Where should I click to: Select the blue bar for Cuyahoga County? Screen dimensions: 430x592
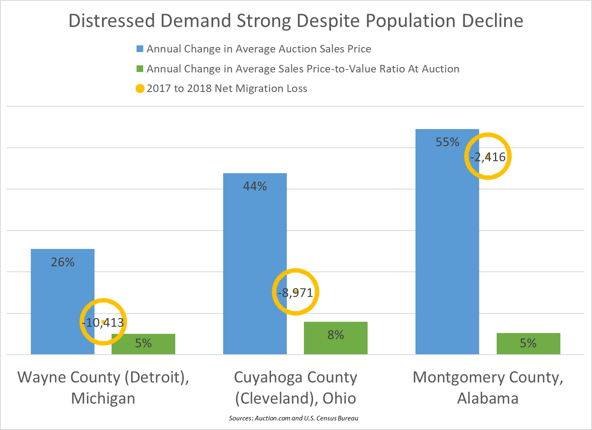point(255,250)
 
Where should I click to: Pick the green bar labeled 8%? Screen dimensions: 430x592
point(336,338)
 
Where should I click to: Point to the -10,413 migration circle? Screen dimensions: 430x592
point(103,322)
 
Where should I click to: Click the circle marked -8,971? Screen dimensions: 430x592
point(296,292)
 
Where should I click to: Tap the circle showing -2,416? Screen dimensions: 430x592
point(488,157)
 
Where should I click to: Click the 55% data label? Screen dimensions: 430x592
point(448,142)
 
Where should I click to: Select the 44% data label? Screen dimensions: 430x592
point(255,186)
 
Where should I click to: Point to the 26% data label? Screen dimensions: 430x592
point(62,262)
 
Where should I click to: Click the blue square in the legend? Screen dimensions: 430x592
point(140,49)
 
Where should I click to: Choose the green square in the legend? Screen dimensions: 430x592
point(140,69)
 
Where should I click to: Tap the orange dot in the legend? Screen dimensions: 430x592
point(140,89)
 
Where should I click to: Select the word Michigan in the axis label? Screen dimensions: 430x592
point(103,398)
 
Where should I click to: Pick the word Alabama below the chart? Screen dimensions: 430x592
point(488,398)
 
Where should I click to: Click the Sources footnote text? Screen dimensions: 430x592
point(294,418)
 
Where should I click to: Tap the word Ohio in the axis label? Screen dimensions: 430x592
point(339,398)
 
